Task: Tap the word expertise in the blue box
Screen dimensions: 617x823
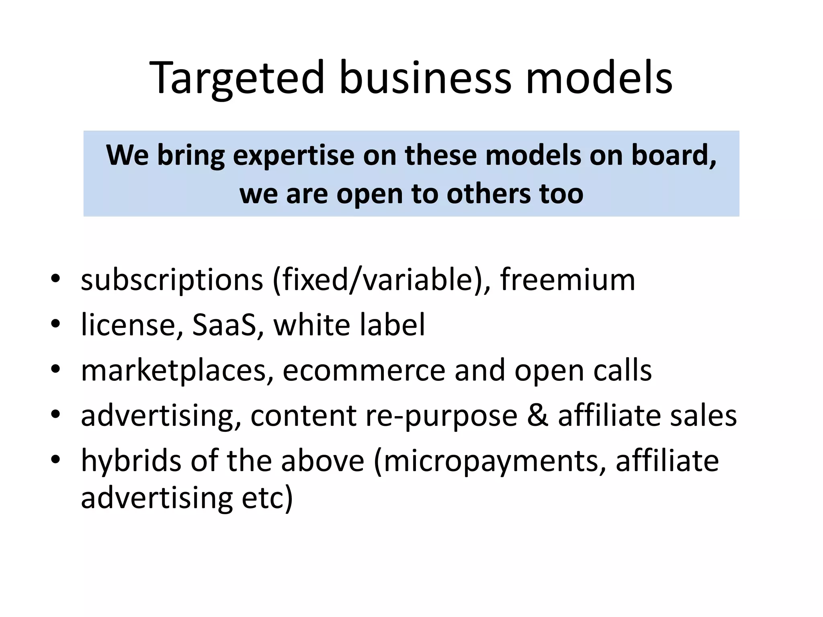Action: point(294,156)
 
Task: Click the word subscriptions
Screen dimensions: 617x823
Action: point(172,280)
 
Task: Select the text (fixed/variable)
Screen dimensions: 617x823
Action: point(382,280)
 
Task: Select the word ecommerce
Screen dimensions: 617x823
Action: point(364,370)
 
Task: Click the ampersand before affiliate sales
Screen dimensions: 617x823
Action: point(537,415)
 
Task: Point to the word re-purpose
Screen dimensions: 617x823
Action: point(441,416)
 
